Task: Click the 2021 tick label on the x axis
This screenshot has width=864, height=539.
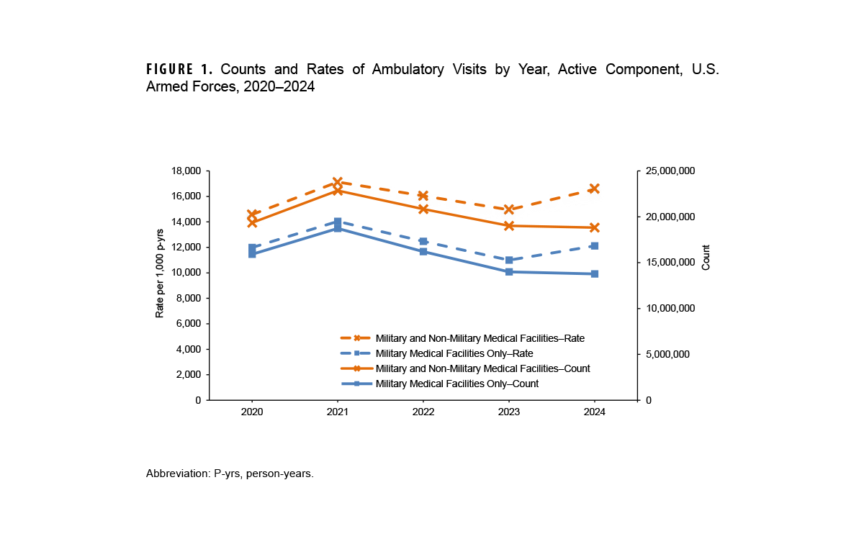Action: point(337,413)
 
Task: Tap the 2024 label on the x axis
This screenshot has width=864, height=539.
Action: point(594,413)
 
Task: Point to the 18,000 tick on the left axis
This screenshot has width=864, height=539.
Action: point(186,171)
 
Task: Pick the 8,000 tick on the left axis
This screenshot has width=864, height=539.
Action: point(189,299)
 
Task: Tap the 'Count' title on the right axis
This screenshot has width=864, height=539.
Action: point(706,258)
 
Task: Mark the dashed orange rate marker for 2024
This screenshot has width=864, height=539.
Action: point(594,189)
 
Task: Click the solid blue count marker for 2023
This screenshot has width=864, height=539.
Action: point(508,272)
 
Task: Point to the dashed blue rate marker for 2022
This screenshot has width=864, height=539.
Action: point(423,242)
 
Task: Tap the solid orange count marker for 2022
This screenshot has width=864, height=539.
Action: point(423,209)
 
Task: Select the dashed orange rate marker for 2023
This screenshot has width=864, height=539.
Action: point(508,209)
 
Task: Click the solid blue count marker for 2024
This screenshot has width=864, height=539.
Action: point(594,274)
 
